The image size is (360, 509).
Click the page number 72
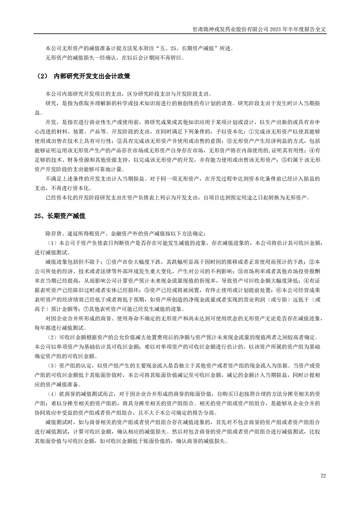(323, 476)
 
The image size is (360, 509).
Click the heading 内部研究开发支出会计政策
(93, 77)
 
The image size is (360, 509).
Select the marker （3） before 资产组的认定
(52, 366)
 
